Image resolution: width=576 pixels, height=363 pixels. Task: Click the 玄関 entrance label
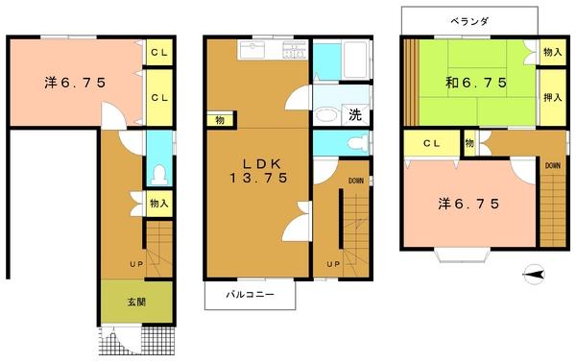click(x=136, y=302)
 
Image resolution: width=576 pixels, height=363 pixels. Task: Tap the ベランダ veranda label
click(x=470, y=20)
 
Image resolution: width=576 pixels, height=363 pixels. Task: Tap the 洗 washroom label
click(x=353, y=116)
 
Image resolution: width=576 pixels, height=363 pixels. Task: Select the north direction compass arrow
click(x=535, y=276)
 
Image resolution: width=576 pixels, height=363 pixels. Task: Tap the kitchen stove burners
click(x=296, y=51)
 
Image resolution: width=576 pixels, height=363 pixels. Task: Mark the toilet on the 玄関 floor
click(x=159, y=175)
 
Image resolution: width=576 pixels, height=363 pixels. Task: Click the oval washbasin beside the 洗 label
click(x=326, y=115)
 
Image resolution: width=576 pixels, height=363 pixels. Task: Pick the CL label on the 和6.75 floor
click(x=431, y=143)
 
